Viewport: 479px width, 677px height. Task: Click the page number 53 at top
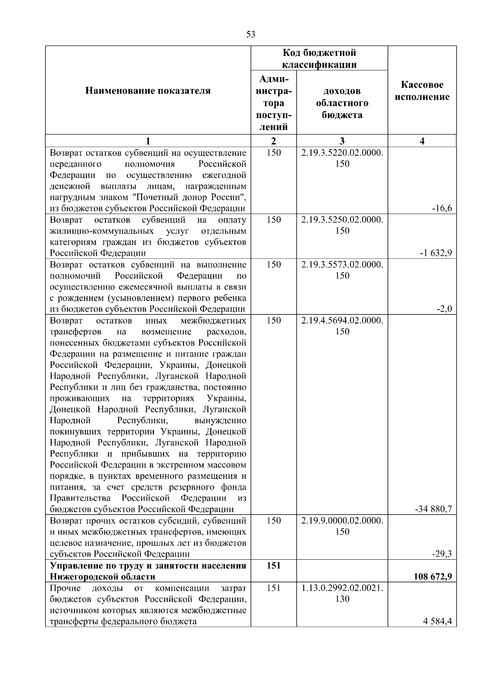[x=251, y=34]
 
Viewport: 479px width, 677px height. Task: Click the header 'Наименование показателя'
[x=148, y=91]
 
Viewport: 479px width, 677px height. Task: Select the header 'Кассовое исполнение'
[x=422, y=91]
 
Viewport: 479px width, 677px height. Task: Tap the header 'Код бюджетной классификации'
[x=319, y=59]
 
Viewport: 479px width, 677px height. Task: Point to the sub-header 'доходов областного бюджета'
[x=342, y=103]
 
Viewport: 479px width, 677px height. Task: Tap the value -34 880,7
[x=433, y=509]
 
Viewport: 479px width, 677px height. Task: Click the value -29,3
[x=443, y=554]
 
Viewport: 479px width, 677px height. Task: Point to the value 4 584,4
[x=438, y=621]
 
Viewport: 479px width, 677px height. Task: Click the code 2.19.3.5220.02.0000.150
[x=342, y=158]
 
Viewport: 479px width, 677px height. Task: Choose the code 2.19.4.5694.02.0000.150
[x=342, y=326]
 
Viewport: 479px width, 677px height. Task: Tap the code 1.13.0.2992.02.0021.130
[x=342, y=593]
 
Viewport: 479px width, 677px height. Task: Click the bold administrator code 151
[x=273, y=565]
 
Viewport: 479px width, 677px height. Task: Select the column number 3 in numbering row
[x=342, y=141]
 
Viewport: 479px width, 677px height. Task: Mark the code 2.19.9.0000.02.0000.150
[x=342, y=526]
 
